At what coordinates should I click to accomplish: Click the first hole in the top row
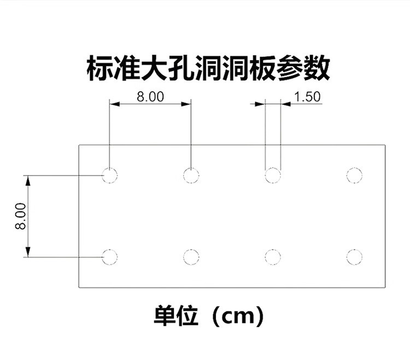pos(109,175)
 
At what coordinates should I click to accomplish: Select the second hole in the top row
pos(191,175)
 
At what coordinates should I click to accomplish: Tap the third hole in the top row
pos(273,175)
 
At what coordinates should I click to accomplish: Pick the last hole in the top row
pos(354,175)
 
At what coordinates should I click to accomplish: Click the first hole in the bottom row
pos(109,256)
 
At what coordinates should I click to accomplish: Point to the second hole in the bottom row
pos(191,256)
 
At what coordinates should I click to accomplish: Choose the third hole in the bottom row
pos(273,256)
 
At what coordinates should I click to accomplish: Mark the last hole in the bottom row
pos(354,256)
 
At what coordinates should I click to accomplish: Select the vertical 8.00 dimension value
pos(20,216)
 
